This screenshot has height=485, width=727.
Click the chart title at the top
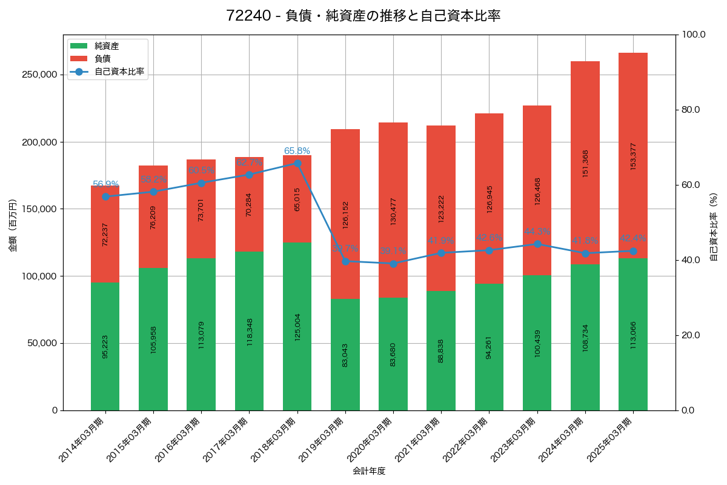tap(363, 16)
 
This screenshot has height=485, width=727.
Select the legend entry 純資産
tap(107, 46)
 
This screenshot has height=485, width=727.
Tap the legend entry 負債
tap(102, 59)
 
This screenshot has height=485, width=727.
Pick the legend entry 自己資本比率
tap(119, 72)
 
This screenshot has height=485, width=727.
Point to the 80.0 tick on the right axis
tap(690, 110)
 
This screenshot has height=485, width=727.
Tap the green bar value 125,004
tap(297, 327)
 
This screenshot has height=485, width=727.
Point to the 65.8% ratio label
tap(297, 151)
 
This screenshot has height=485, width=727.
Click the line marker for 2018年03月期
tap(297, 163)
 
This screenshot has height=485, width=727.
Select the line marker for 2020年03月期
tap(393, 264)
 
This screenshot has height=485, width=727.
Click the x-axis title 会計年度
tap(369, 471)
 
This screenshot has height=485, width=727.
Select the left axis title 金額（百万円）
tap(13, 226)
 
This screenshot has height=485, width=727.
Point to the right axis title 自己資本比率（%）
tap(713, 226)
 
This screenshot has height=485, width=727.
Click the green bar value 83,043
tap(345, 355)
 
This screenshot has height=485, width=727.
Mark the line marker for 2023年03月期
tap(537, 244)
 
